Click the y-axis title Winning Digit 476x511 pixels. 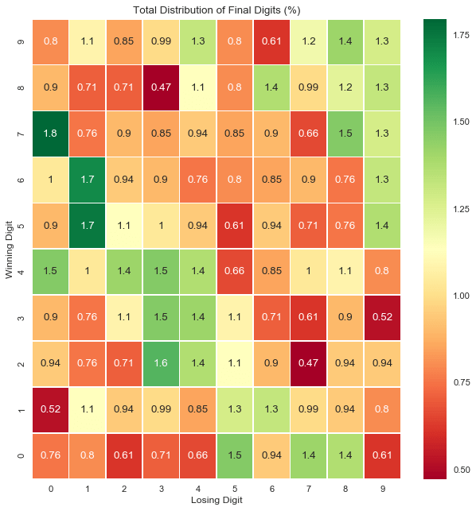point(10,249)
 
